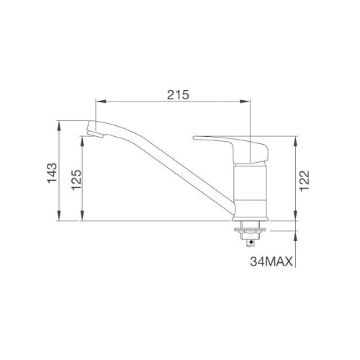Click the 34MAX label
click(269, 263)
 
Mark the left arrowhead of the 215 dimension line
click(99, 102)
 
